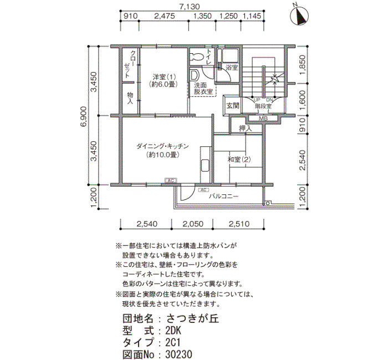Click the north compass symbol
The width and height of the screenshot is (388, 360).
(x=299, y=16)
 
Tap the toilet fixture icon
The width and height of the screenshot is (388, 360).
(x=197, y=56)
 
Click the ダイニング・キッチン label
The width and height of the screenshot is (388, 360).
(x=162, y=146)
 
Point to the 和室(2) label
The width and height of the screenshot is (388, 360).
(x=239, y=160)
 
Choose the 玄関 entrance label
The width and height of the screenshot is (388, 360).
(x=233, y=106)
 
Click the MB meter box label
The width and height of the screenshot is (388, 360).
(x=263, y=119)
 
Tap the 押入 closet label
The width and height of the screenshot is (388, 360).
(x=245, y=128)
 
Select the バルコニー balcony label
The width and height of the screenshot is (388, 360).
(x=224, y=197)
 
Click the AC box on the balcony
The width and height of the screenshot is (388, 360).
(x=203, y=190)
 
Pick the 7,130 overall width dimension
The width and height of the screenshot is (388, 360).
(x=190, y=7)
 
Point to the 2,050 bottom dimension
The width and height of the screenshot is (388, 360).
(x=193, y=224)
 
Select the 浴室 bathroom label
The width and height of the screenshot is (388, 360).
(x=232, y=67)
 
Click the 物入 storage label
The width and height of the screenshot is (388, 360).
(x=130, y=98)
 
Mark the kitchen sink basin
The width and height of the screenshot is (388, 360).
(x=206, y=166)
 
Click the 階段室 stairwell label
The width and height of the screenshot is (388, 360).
(x=263, y=106)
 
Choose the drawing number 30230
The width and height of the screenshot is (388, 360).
(x=179, y=354)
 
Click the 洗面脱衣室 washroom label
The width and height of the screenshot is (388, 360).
(x=203, y=89)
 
